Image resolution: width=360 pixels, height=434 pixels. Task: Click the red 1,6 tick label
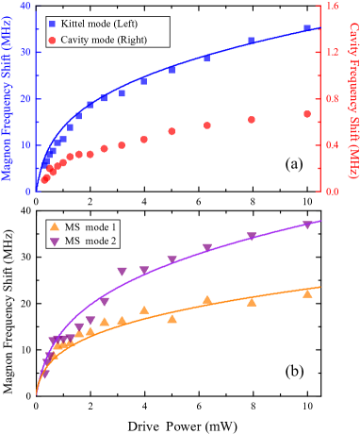click(x=332, y=7)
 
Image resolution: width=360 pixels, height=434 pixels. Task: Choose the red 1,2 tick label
click(x=332, y=53)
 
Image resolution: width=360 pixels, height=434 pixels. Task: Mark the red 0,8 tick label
click(x=332, y=99)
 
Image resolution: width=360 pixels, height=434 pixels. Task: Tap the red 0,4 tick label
click(x=332, y=145)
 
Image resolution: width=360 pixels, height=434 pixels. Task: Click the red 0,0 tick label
click(x=332, y=192)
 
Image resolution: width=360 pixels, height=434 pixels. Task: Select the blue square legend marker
click(x=53, y=24)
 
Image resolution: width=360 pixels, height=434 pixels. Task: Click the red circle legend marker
click(x=53, y=41)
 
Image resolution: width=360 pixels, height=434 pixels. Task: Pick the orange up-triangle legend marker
click(x=55, y=226)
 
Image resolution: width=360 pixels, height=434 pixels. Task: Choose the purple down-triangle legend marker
click(x=55, y=242)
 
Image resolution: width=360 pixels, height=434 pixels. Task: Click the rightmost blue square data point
click(x=307, y=28)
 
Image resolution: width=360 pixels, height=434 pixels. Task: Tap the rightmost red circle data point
click(x=307, y=114)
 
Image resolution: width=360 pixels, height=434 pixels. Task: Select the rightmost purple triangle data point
click(x=307, y=225)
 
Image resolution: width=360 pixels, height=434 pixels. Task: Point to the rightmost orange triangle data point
click(x=307, y=293)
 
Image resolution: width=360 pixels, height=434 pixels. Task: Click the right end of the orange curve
click(x=320, y=287)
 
